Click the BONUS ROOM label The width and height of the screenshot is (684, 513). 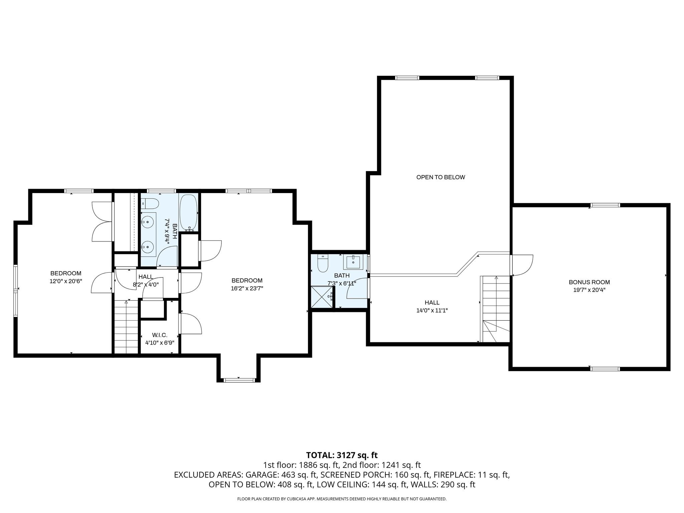coord(589,282)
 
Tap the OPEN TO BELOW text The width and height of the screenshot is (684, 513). coord(441,177)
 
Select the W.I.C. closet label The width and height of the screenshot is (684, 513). coord(160,335)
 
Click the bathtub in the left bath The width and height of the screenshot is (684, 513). coord(189,213)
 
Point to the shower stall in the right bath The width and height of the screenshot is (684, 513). coord(322,297)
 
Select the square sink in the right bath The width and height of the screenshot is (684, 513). coord(353,262)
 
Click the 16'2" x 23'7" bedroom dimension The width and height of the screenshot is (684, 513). coord(247,289)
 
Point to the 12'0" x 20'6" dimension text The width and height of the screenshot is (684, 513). coord(66,281)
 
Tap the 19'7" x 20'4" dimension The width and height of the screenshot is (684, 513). coord(589,290)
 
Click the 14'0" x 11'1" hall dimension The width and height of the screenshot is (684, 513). coord(432,310)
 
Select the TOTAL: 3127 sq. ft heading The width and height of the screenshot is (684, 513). coord(342,455)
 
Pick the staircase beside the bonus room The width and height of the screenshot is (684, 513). coord(495,309)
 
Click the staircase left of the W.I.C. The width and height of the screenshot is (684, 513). coord(126,327)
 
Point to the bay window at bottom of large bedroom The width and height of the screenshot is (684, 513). coord(238,380)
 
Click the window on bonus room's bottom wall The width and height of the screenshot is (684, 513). coord(605,369)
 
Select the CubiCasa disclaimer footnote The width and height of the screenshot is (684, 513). coord(342,499)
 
